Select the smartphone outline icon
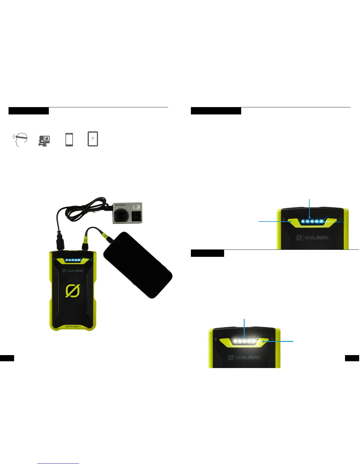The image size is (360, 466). [69, 139]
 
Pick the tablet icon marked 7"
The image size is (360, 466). [93, 139]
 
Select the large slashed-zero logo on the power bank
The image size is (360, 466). [72, 291]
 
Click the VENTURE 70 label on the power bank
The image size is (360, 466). [72, 327]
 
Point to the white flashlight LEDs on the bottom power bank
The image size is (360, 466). [244, 341]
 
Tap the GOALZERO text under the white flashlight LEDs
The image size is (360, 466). [244, 357]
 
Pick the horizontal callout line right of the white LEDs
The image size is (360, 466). [279, 342]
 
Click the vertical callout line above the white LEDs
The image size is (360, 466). [244, 328]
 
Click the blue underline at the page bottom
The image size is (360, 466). [58, 463]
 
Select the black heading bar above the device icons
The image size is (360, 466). [29, 111]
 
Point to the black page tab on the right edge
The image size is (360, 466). [352, 358]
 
